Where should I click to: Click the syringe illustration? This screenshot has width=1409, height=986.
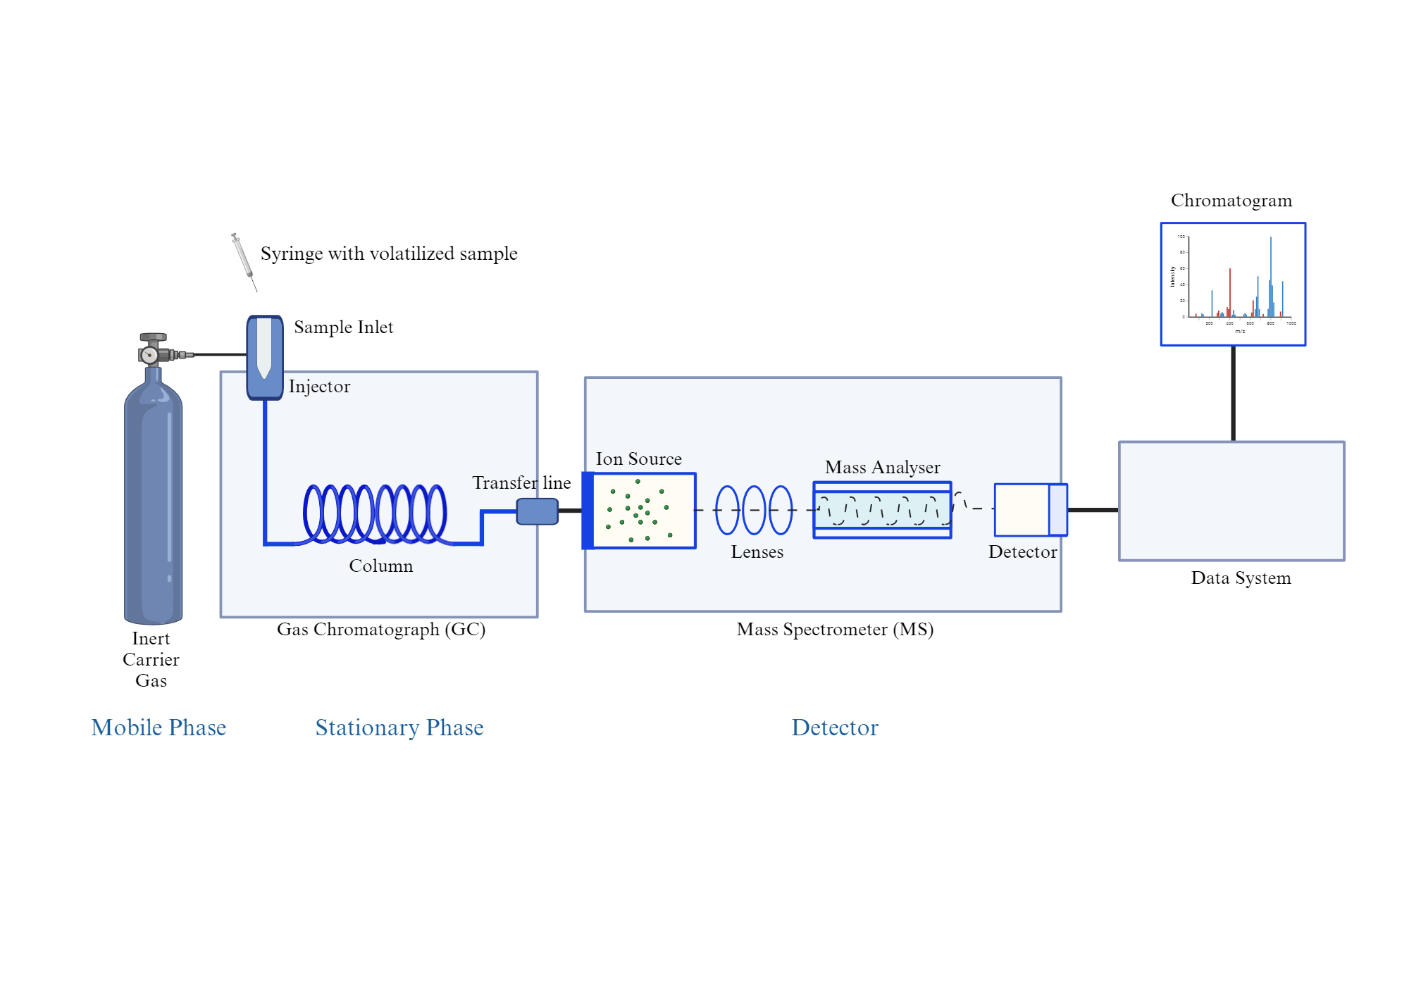click(x=243, y=261)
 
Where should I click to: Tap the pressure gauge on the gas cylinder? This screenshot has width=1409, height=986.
click(x=149, y=354)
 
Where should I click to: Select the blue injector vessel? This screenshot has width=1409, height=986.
click(x=265, y=358)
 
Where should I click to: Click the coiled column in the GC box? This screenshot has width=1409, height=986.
click(x=375, y=514)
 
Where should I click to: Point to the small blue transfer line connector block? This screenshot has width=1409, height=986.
click(x=537, y=511)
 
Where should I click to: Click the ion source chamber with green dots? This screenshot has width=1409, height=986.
click(x=643, y=511)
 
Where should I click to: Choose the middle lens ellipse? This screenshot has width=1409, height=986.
click(x=754, y=510)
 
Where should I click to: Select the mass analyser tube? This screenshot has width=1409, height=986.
click(x=882, y=510)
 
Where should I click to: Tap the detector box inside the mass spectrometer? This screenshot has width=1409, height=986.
click(x=1030, y=510)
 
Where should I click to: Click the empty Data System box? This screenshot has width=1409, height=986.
click(x=1231, y=501)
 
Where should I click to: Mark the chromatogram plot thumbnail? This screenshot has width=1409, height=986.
click(x=1233, y=284)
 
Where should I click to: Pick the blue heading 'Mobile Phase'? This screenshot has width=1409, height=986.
click(x=159, y=728)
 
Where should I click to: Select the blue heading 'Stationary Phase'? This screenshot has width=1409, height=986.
click(x=399, y=728)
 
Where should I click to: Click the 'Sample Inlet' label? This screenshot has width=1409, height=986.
click(x=343, y=327)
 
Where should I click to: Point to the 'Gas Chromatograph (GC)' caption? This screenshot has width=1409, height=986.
click(x=380, y=629)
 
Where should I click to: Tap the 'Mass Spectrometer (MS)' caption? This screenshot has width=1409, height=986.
click(x=835, y=629)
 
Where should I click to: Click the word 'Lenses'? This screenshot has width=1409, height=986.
click(x=757, y=552)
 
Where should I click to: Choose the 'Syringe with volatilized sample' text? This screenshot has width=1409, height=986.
click(x=389, y=254)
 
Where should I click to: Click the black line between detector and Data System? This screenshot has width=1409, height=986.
click(x=1093, y=510)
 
